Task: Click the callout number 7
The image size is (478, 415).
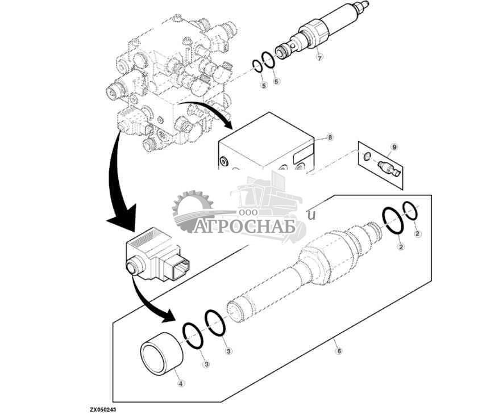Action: pos(319,57)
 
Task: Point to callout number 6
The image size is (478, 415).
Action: pos(339,351)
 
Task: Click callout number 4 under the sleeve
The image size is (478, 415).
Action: pos(181,383)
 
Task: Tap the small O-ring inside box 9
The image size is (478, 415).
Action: pos(368,157)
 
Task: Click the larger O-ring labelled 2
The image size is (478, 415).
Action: pos(393,221)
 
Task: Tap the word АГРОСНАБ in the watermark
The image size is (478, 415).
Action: pos(246,226)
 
